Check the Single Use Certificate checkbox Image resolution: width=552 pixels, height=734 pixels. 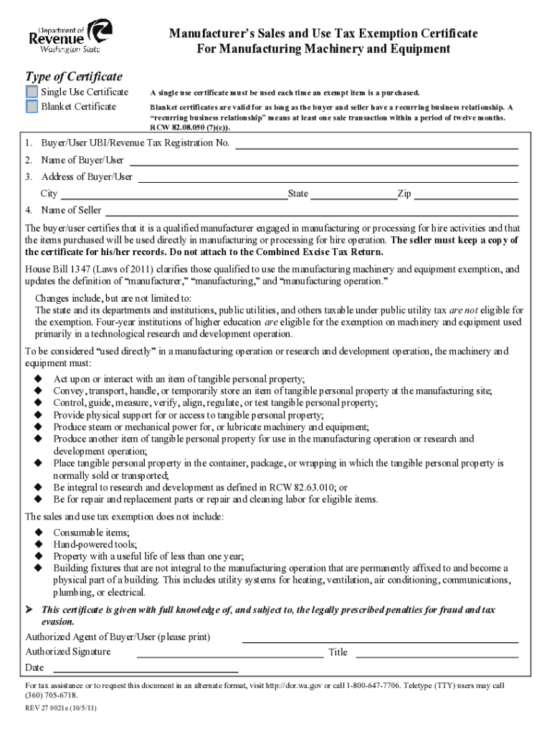pyautogui.click(x=32, y=92)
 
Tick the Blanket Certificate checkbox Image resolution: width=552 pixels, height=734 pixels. pyautogui.click(x=32, y=107)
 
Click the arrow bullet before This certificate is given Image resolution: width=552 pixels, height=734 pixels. pyautogui.click(x=29, y=610)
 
